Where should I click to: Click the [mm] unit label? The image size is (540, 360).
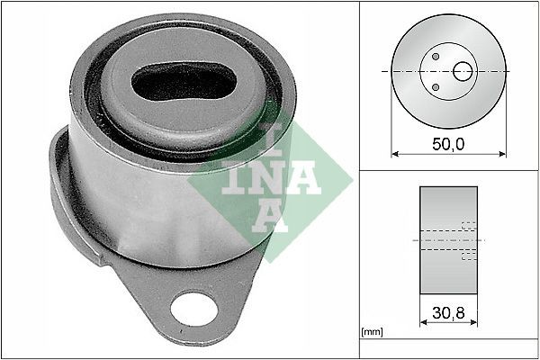click(372, 332)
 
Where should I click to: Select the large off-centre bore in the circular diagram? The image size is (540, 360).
click(463, 70)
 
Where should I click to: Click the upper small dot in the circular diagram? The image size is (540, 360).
click(435, 56)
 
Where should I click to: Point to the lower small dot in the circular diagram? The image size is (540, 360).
click(435, 86)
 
